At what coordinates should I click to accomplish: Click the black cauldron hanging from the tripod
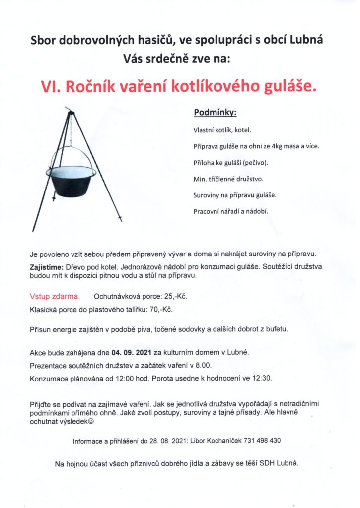pyautogui.click(x=72, y=181)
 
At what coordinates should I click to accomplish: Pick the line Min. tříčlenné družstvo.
pyautogui.click(x=228, y=179)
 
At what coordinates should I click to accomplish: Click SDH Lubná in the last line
pyautogui.click(x=282, y=464)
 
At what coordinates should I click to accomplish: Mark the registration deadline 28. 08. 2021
pyautogui.click(x=167, y=440)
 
